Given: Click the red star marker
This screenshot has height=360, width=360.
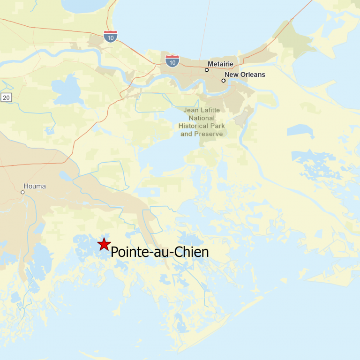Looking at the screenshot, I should pyautogui.click(x=103, y=244).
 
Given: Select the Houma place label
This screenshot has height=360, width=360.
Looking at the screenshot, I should pyautogui.click(x=35, y=186).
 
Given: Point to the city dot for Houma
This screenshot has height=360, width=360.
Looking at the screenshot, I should pyautogui.click(x=22, y=192).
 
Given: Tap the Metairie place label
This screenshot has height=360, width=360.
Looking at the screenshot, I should pyautogui.click(x=220, y=64).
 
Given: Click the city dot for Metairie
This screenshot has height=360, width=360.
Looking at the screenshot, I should pyautogui.click(x=207, y=70).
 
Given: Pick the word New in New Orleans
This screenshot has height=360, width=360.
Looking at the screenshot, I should pyautogui.click(x=232, y=75).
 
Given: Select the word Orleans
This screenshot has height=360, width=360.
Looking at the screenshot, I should pyautogui.click(x=253, y=75).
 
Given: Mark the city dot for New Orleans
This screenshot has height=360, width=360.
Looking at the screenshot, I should pyautogui.click(x=224, y=81).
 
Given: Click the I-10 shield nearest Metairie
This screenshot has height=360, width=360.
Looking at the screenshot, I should pyautogui.click(x=172, y=60).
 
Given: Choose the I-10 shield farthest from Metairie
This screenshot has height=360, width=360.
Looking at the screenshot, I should pyautogui.click(x=111, y=36).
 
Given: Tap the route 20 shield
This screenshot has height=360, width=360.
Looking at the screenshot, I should pyautogui.click(x=6, y=97).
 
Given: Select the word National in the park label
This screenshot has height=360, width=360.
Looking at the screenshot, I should pyautogui.click(x=202, y=118).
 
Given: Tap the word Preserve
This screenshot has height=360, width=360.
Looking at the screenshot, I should pyautogui.click(x=210, y=134).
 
